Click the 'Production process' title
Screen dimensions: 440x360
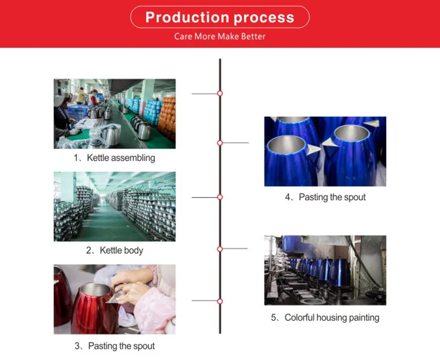[220, 18]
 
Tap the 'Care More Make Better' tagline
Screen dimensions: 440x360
[220, 36]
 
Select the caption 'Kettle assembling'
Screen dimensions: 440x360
[121, 158]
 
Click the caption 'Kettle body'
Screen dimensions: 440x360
[121, 250]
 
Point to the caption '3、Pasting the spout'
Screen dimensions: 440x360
[114, 346]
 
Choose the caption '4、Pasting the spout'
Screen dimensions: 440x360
[325, 197]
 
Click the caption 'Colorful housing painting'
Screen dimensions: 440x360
[332, 318]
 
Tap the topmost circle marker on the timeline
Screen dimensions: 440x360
[220, 93]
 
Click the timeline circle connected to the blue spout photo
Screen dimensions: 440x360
[220, 143]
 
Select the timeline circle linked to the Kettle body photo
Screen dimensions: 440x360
[220, 197]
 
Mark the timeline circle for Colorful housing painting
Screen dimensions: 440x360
[220, 249]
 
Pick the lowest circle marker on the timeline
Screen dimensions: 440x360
[220, 301]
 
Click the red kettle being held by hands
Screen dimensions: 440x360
[94, 309]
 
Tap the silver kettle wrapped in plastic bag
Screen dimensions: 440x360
[110, 135]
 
